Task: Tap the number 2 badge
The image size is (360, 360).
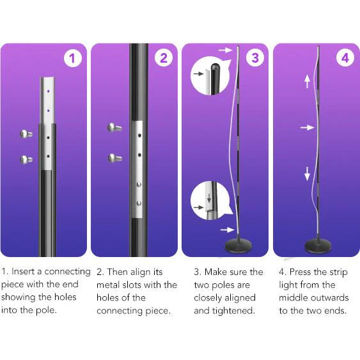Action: point(164,59)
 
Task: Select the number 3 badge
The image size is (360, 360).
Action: point(254,59)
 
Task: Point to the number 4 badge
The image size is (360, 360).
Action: point(345,59)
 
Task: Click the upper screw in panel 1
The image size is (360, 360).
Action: point(26,134)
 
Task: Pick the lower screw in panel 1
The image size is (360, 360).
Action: point(26,159)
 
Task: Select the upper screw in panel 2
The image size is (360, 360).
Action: point(115,128)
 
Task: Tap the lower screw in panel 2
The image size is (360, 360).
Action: point(115,157)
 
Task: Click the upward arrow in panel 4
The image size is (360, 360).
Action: point(308,81)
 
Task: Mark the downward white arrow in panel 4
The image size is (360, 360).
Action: point(308,173)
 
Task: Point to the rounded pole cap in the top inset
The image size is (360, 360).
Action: point(216,66)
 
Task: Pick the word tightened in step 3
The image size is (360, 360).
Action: point(237,311)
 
